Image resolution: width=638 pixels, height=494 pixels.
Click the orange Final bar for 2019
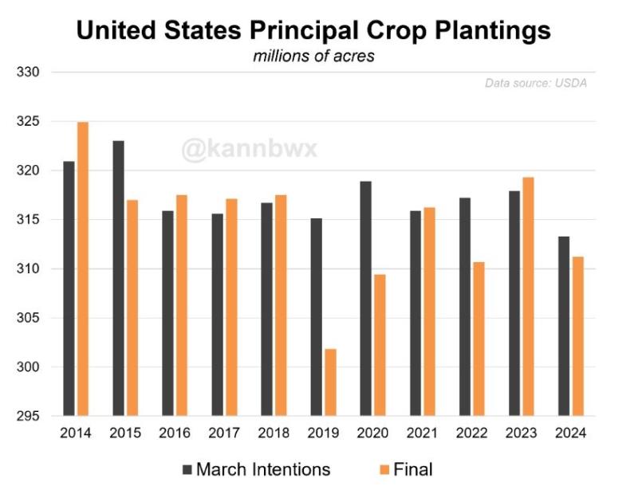pos(330,382)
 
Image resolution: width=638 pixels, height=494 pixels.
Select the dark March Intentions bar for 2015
pos(119,278)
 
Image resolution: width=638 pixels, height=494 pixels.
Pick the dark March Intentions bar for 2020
pos(365,299)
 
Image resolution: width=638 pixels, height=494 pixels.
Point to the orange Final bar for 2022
pos(477,339)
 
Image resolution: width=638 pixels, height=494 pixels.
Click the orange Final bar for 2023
pos(526,296)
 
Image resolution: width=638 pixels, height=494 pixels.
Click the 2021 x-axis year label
pos(422,433)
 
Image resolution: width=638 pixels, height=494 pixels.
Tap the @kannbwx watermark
pos(249,150)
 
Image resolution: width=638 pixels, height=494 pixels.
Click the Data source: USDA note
pos(535,83)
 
